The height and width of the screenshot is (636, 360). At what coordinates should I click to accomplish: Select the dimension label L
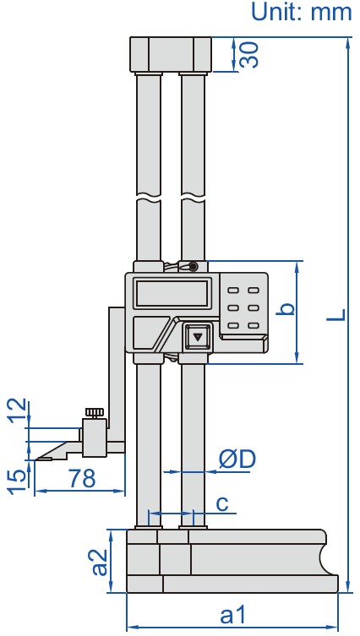click(x=337, y=313)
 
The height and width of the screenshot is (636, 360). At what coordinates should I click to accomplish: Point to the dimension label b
click(x=287, y=309)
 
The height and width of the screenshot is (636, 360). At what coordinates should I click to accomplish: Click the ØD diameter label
click(x=237, y=459)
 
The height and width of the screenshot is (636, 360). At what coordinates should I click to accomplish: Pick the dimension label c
click(x=221, y=503)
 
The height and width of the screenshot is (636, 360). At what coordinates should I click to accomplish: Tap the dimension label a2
click(x=100, y=561)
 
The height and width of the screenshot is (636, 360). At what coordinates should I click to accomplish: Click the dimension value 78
click(x=82, y=479)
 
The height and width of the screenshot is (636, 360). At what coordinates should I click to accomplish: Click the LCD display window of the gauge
click(x=172, y=293)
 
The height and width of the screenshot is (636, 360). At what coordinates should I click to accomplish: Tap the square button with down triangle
click(x=199, y=336)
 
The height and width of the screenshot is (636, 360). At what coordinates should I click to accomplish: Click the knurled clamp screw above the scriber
click(x=93, y=413)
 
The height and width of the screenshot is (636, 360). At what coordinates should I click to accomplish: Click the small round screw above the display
click(x=194, y=267)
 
